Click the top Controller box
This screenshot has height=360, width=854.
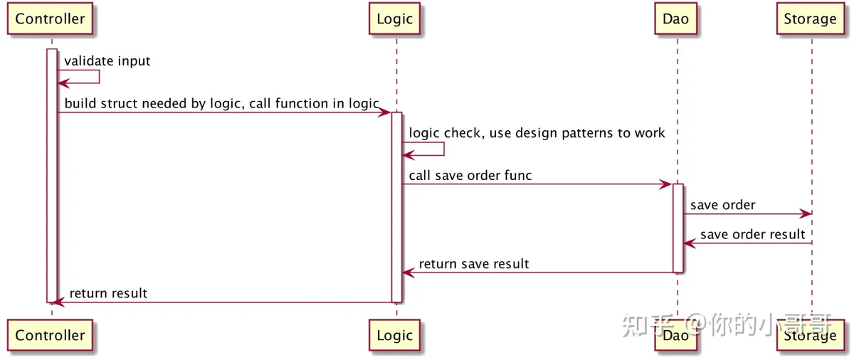tap(50, 18)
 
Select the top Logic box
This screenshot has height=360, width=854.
tap(394, 18)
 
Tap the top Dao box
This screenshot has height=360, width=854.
tap(675, 18)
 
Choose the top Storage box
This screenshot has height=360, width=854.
tap(810, 18)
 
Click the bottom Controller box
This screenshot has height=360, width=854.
tap(50, 335)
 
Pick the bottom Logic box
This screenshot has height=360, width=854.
tap(394, 335)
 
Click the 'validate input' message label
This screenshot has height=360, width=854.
tap(107, 61)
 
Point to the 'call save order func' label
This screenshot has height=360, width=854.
tap(470, 176)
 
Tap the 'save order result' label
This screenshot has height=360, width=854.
tap(753, 234)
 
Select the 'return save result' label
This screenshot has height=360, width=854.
tap(474, 264)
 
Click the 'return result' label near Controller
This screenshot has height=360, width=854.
tap(108, 293)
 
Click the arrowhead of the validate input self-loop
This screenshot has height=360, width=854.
tap(63, 83)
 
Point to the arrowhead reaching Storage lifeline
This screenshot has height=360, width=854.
tap(806, 213)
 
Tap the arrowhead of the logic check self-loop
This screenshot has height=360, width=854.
tap(408, 155)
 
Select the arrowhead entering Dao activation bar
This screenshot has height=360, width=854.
tap(665, 184)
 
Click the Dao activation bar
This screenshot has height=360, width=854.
tap(678, 228)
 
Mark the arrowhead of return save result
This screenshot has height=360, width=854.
tap(408, 272)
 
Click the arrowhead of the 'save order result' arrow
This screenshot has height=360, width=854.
tap(690, 243)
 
